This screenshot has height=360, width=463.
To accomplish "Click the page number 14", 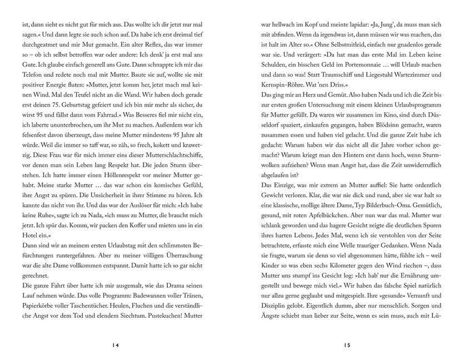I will [115, 345].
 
